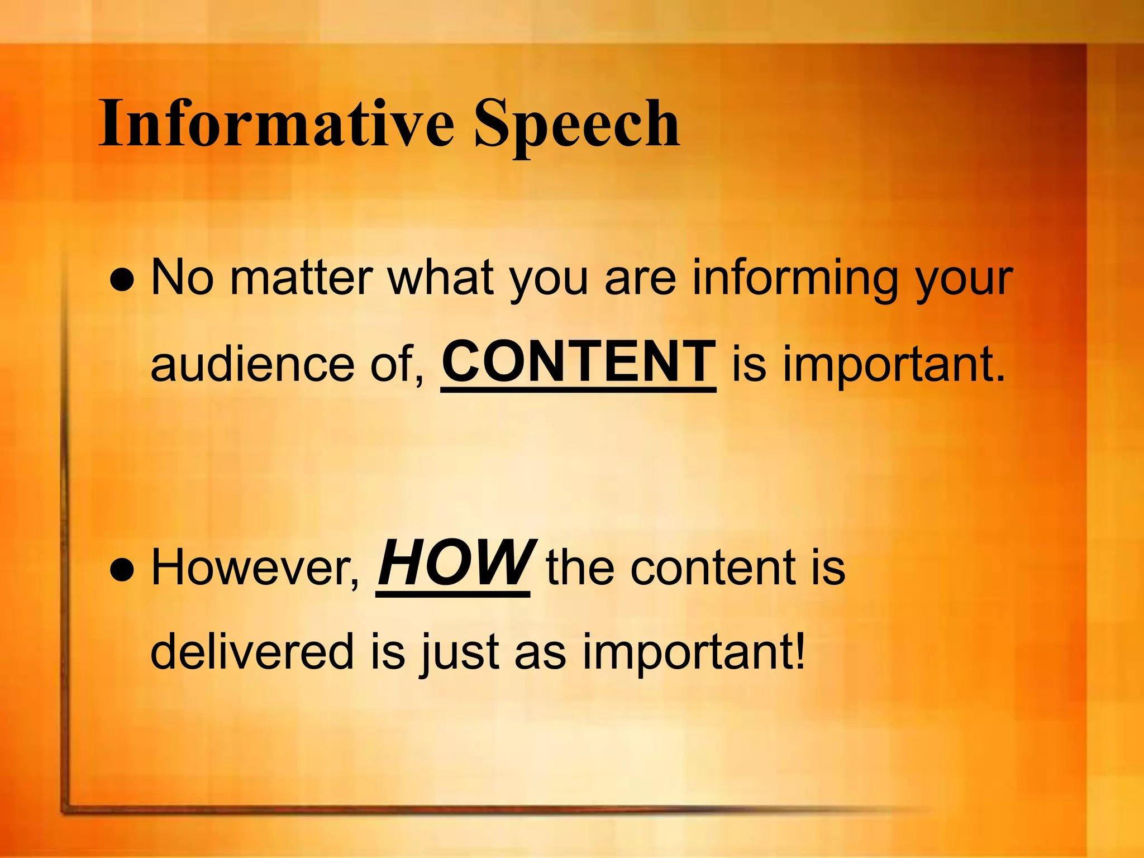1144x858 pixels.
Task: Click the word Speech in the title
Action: [x=577, y=124]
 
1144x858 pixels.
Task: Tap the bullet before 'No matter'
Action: [x=123, y=280]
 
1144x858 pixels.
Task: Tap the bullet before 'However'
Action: [x=123, y=570]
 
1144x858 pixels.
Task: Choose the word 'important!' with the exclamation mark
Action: [x=694, y=652]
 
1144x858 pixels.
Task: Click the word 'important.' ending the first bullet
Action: [x=894, y=364]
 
